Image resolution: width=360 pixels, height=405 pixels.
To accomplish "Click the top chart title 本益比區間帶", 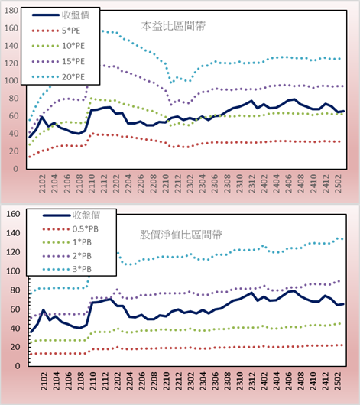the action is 174,26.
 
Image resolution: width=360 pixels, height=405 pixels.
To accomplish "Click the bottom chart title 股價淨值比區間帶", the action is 181,235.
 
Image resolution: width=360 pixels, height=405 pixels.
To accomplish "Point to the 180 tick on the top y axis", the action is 11,11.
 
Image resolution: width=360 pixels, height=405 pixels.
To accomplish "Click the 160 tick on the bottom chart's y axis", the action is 13,214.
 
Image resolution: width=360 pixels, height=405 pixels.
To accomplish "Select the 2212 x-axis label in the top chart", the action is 178,183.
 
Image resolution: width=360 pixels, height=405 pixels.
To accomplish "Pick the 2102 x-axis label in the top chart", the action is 42,183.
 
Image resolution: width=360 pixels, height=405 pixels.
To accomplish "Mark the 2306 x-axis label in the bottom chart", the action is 216,381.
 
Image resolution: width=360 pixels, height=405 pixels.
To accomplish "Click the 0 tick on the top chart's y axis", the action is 15,169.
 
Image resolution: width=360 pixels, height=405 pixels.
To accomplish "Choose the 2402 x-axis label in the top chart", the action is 264,183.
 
